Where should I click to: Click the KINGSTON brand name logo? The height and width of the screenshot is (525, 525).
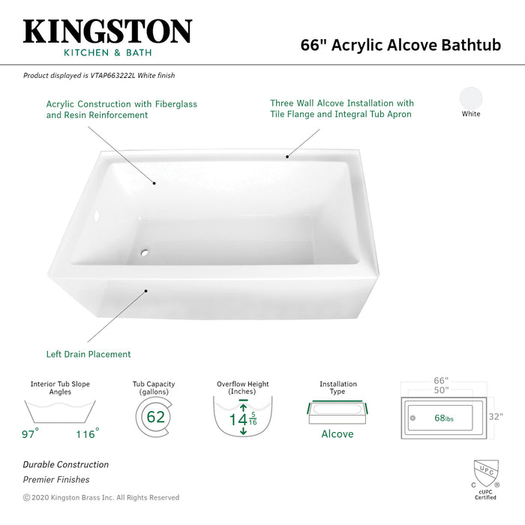[107, 31]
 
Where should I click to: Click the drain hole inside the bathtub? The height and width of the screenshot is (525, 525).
[146, 251]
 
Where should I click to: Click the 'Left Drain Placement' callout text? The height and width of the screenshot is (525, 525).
[88, 354]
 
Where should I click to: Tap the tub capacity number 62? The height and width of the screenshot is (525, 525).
[155, 417]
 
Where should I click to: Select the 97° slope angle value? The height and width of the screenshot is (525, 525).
[29, 433]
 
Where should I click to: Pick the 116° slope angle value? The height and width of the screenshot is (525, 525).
[87, 433]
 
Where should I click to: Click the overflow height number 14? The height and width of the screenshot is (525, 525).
[238, 418]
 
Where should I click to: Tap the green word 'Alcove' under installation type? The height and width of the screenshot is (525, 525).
[337, 433]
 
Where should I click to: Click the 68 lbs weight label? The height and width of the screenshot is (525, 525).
[445, 417]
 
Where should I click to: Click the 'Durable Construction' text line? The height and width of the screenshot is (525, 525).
[65, 465]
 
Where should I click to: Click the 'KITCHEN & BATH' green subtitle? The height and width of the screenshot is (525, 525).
[107, 54]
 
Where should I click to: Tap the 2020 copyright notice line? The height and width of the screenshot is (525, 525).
[101, 497]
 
